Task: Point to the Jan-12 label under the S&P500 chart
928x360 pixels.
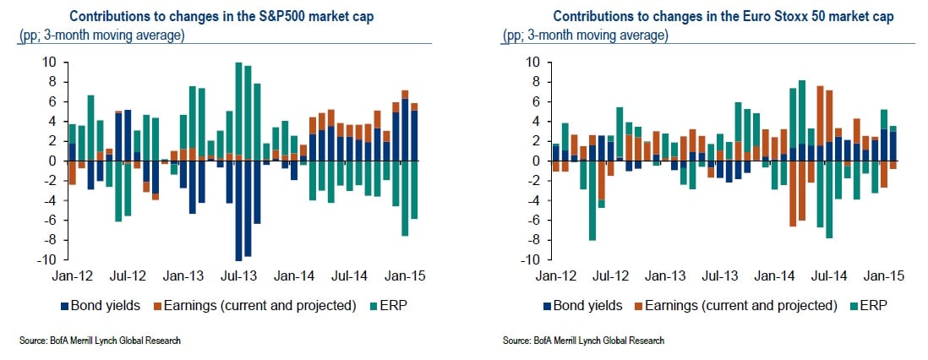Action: tap(69, 276)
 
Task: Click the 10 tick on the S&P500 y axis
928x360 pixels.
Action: tap(50, 62)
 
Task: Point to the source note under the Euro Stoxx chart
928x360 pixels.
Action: tap(583, 341)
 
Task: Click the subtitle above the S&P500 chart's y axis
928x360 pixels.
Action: tap(101, 36)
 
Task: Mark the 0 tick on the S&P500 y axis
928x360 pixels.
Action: tap(53, 161)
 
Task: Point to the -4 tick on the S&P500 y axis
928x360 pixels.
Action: tap(50, 200)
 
